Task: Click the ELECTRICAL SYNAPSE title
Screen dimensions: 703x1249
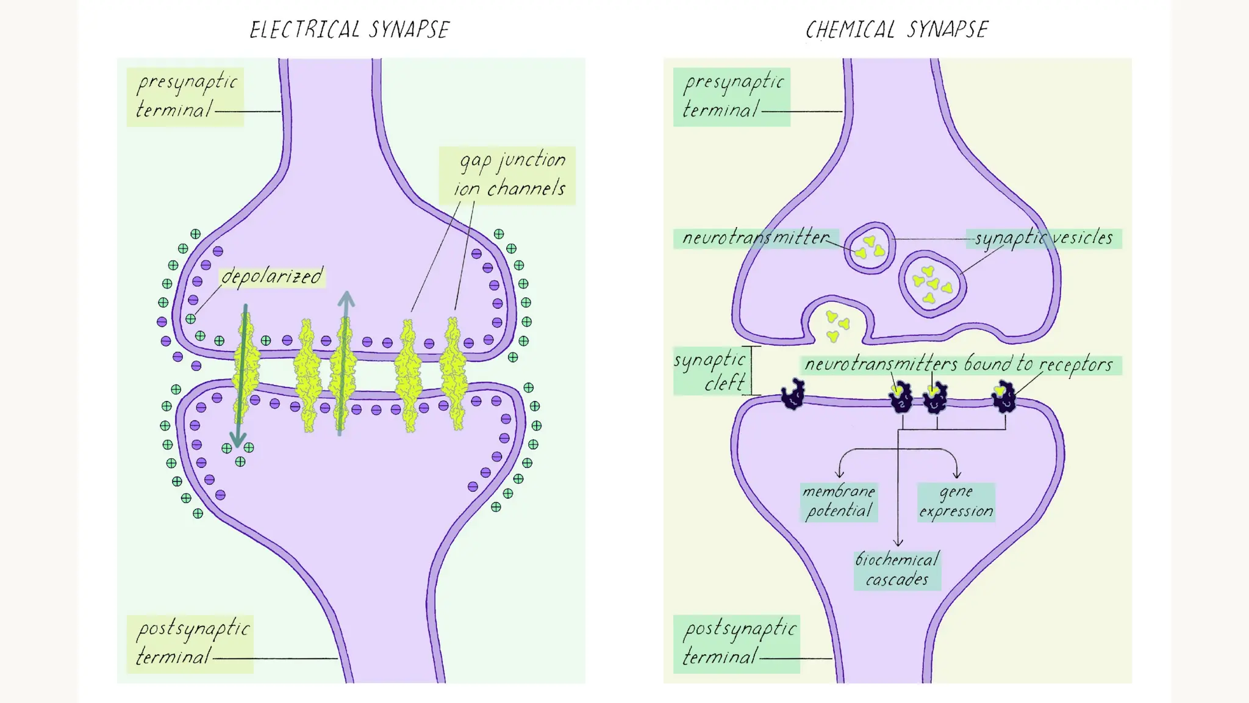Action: [x=349, y=29]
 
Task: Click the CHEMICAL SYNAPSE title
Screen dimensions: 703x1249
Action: [x=896, y=29]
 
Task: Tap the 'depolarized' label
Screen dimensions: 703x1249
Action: [x=272, y=276]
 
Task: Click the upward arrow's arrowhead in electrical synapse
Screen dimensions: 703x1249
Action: [x=346, y=299]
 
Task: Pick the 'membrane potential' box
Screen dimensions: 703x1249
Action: [x=839, y=502]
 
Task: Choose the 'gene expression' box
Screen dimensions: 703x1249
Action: [x=956, y=502]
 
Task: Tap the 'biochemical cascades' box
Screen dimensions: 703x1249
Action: [x=897, y=570]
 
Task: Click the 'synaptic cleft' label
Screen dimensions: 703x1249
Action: [x=710, y=371]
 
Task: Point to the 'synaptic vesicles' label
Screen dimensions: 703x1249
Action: [x=1043, y=237]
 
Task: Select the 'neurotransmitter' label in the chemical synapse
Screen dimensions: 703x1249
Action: [x=756, y=237]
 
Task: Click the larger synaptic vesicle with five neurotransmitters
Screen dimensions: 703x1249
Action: [x=932, y=284]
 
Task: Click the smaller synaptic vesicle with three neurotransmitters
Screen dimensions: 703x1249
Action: [x=870, y=247]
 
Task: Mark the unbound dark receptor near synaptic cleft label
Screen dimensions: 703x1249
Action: [x=793, y=395]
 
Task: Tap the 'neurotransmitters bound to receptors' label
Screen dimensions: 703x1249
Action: [x=959, y=364]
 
